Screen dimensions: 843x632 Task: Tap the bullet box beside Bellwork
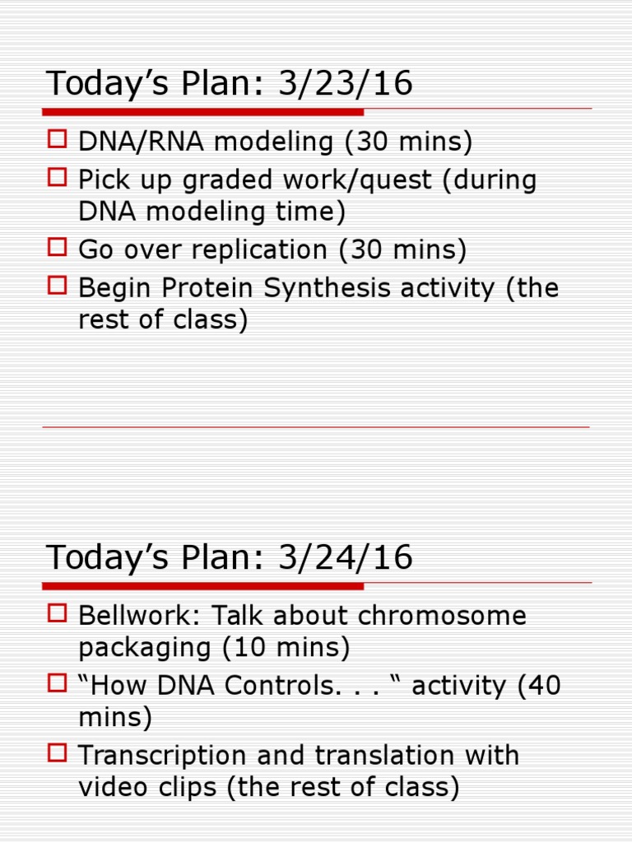(57, 613)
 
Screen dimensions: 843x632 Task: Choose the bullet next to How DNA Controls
(57, 683)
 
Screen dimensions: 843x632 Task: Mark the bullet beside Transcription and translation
(57, 753)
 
